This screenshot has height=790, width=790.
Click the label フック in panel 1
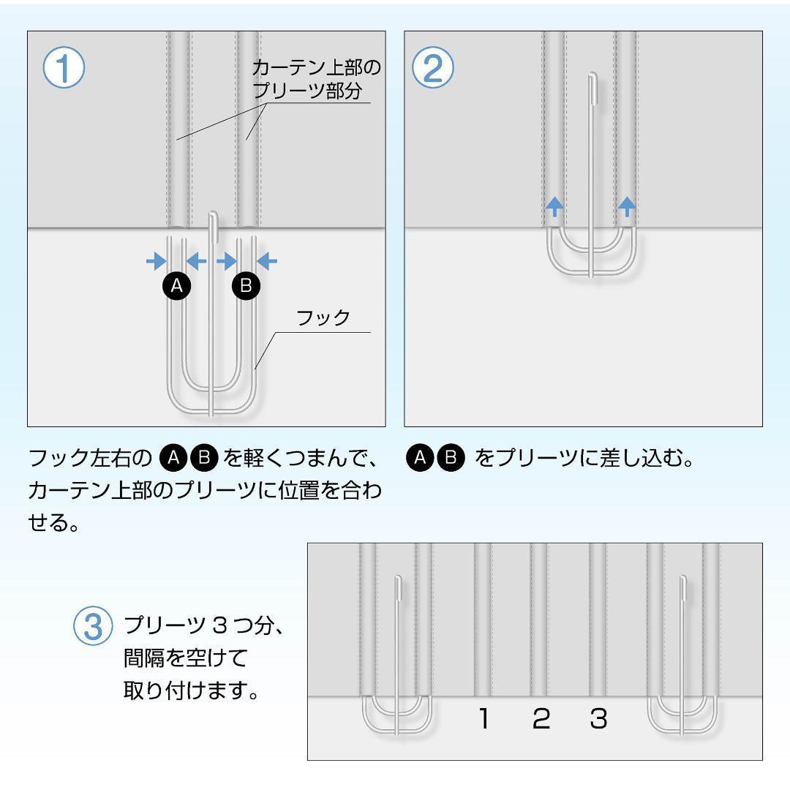tap(323, 318)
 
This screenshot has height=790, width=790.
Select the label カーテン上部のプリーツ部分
tap(316, 80)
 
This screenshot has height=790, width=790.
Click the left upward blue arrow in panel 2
tap(554, 206)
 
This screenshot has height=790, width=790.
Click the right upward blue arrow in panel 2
tap(626, 206)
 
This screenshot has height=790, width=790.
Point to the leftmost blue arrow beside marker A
tap(155, 260)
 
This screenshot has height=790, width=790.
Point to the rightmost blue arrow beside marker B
tap(268, 260)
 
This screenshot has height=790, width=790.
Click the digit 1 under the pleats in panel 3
tap(484, 720)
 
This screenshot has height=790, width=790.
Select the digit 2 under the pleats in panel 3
tap(541, 720)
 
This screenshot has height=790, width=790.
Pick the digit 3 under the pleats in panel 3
tap(598, 720)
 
